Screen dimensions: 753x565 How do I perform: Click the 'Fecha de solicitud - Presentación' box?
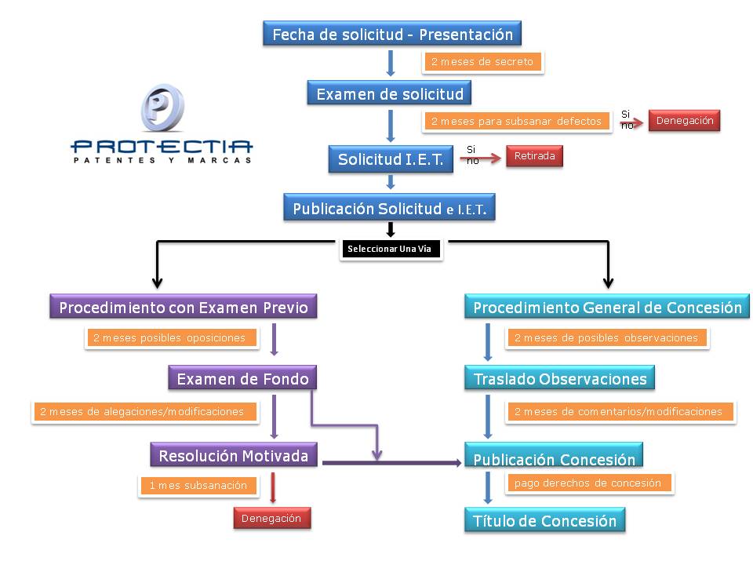pos(392,34)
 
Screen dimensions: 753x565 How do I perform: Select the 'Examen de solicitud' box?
pos(389,93)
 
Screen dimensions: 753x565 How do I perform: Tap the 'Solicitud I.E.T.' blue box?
pos(391,159)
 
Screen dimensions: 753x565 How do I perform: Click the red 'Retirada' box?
pos(534,156)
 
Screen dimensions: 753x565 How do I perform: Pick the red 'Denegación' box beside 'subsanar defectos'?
pos(684,121)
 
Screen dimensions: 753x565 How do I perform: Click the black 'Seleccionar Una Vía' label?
pos(391,249)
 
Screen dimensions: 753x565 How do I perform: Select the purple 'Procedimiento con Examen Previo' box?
pos(183,307)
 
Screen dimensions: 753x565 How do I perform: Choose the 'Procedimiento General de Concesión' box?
pos(607,307)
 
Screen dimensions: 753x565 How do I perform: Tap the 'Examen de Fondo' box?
pos(242,378)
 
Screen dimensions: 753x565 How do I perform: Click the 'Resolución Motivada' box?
pos(234,454)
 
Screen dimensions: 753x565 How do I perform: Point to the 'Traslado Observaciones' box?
pos(559,378)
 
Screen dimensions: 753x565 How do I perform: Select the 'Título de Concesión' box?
pos(544,519)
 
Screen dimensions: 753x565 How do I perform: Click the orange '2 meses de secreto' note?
pos(482,61)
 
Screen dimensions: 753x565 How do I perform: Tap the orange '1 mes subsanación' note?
pos(198,485)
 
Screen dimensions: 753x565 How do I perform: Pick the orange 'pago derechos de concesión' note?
pos(589,483)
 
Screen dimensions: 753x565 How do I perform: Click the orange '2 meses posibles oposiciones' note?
pos(172,337)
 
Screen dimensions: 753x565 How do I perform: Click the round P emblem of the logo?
pos(163,108)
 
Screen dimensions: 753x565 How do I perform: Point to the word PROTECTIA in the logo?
pos(162,146)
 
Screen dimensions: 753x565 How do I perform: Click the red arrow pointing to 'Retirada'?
pos(480,159)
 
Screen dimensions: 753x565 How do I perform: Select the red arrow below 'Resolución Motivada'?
pos(273,488)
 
